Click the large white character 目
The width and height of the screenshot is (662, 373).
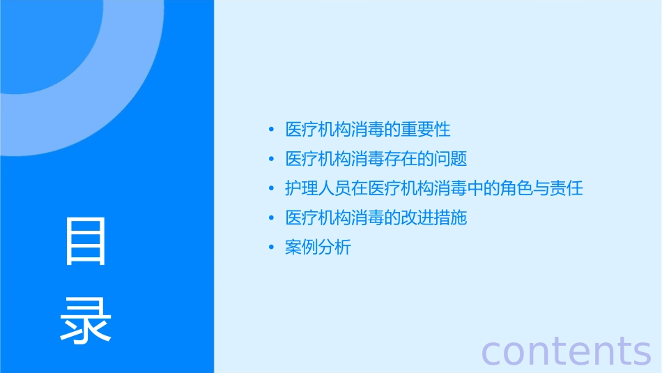pos(86,241)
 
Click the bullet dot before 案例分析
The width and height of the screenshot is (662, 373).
pos(272,248)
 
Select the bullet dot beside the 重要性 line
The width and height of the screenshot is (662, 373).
pos(272,130)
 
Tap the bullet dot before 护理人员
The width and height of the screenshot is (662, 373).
pos(272,189)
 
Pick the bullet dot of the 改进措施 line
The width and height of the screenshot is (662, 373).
pos(272,218)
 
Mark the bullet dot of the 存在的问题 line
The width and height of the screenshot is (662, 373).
pos(272,160)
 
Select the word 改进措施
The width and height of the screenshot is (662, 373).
pos(433,218)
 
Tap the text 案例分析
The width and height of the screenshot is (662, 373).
pos(318,248)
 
